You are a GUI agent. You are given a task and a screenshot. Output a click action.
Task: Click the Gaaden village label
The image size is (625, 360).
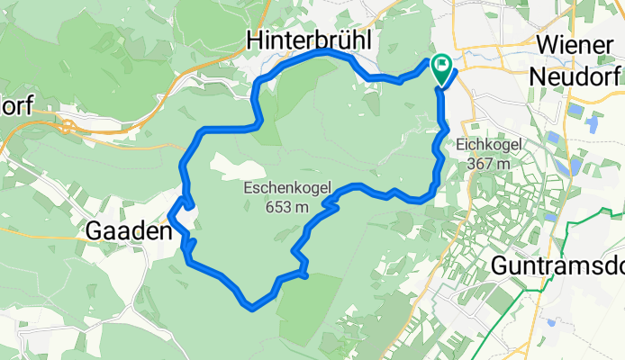pos(128,231)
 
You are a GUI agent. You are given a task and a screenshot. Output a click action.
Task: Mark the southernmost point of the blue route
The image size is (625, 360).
pos(252,307)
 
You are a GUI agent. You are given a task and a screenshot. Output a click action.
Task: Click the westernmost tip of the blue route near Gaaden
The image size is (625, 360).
pos(170,216)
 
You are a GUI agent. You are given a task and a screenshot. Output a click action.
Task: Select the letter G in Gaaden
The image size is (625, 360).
pos(96,231)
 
